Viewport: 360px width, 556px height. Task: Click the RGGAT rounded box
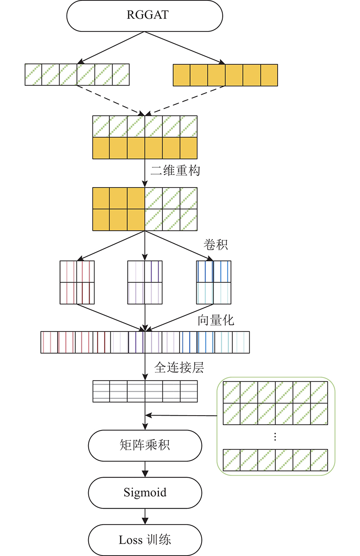[144, 16]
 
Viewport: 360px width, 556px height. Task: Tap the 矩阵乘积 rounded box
[145, 445]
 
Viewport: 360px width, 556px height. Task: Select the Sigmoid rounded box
[145, 493]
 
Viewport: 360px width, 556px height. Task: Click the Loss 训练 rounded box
[145, 540]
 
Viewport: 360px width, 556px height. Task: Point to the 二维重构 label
[175, 171]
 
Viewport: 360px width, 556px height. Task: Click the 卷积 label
[216, 245]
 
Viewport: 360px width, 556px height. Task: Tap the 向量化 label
[216, 320]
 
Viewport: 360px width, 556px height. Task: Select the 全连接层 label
[179, 368]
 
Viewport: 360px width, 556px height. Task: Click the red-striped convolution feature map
[77, 282]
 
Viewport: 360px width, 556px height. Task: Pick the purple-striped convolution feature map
[145, 282]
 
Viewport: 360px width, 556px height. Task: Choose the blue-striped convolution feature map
[214, 282]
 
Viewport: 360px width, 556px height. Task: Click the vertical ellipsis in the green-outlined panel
[275, 437]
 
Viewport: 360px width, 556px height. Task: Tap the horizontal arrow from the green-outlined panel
[181, 415]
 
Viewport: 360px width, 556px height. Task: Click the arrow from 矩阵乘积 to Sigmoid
[145, 469]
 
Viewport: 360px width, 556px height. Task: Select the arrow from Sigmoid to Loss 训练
[145, 516]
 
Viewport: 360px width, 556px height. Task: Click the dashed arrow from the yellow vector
[185, 101]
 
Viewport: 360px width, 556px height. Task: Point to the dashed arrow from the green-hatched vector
[111, 101]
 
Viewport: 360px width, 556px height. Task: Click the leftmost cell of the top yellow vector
[181, 75]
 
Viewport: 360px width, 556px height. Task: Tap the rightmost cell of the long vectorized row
[241, 342]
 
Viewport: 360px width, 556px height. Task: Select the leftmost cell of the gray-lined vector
[101, 391]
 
